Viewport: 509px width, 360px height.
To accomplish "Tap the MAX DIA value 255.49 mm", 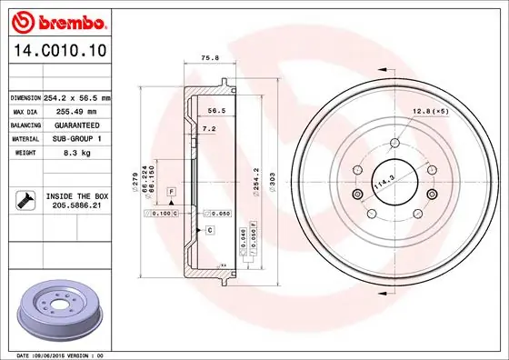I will (75, 111).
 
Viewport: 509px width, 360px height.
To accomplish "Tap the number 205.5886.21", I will (78, 206).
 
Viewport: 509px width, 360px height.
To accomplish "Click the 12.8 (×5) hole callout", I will (431, 112).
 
